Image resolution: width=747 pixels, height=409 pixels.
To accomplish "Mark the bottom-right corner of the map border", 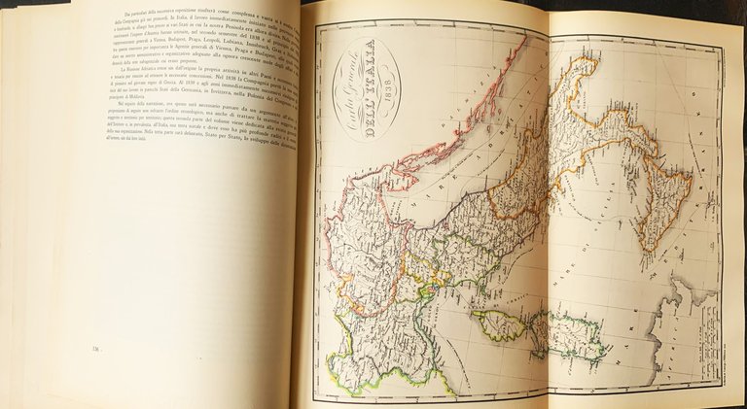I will click(x=721, y=392).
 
